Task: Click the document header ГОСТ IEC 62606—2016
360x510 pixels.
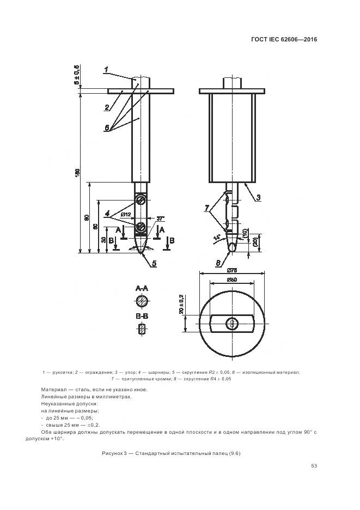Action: tap(284, 39)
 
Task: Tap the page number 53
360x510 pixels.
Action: tap(314, 465)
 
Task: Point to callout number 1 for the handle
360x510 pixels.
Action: tap(106, 69)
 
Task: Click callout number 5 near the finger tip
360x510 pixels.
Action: tap(154, 264)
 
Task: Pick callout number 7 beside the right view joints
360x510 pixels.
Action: tap(207, 208)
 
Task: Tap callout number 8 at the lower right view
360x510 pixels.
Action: tap(218, 263)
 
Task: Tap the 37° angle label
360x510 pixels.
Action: tap(161, 218)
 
